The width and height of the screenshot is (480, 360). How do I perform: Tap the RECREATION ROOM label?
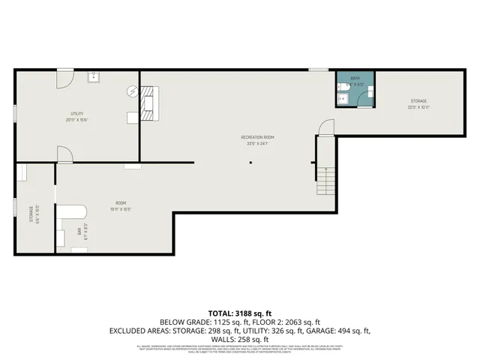pyautogui.click(x=257, y=137)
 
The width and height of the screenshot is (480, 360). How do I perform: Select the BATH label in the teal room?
pyautogui.click(x=355, y=77)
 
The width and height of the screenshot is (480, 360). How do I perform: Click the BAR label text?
pyautogui.click(x=79, y=232)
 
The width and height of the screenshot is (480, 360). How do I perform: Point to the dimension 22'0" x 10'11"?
pyautogui.click(x=418, y=106)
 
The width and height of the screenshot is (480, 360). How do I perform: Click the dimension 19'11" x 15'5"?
pyautogui.click(x=119, y=210)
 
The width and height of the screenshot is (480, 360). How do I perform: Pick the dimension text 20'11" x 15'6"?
pyautogui.click(x=71, y=120)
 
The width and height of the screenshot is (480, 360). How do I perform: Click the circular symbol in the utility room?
pyautogui.click(x=133, y=91)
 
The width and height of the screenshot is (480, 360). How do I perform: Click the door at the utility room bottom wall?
pyautogui.click(x=64, y=154)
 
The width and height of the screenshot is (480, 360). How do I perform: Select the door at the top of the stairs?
pyautogui.click(x=325, y=129)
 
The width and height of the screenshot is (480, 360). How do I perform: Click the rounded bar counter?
pyautogui.click(x=73, y=213)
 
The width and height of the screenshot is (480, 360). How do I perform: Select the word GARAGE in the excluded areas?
pyautogui.click(x=331, y=330)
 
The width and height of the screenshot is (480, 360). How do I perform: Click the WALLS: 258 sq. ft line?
pyautogui.click(x=239, y=339)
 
